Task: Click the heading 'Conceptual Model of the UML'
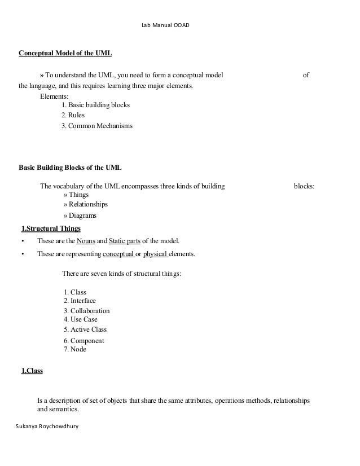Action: point(65,54)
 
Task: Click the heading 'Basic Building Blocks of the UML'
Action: point(70,168)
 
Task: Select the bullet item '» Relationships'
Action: point(85,204)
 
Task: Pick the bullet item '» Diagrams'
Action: point(80,215)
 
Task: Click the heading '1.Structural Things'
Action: point(51,228)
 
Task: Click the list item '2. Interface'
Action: point(80,301)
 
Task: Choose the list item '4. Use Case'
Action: point(80,319)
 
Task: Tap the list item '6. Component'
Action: point(84,341)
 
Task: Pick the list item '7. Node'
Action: point(75,349)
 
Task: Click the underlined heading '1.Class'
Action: point(32,371)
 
